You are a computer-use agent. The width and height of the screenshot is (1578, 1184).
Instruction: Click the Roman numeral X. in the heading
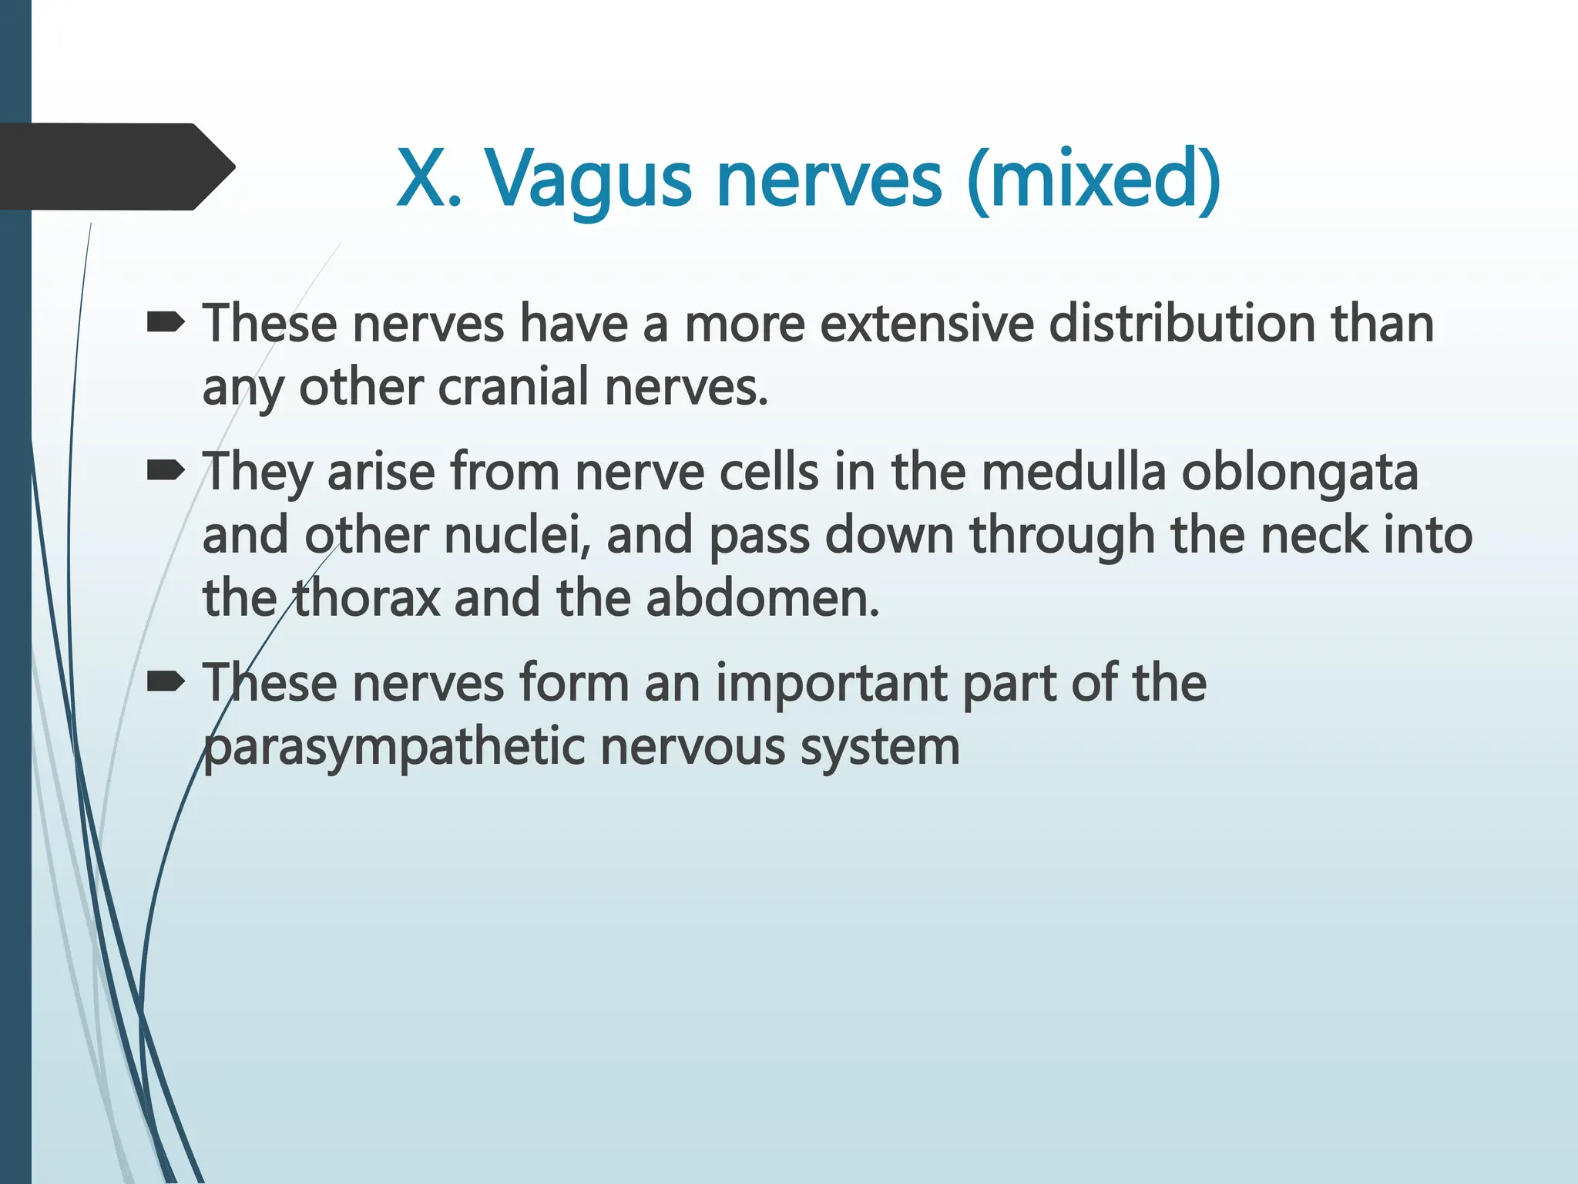[x=428, y=180]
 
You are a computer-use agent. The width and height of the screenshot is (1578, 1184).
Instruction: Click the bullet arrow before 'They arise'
[x=165, y=469]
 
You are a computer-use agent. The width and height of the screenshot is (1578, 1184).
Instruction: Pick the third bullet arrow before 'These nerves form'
[x=165, y=681]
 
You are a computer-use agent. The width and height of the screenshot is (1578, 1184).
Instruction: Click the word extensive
[x=925, y=323]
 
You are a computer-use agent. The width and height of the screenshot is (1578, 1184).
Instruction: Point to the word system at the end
[x=880, y=748]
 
